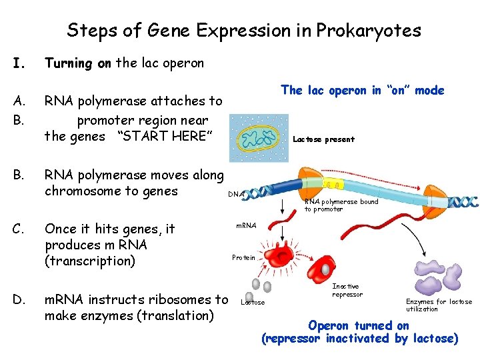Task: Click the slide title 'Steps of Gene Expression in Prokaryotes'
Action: (x=243, y=31)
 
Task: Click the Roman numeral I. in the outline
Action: (x=19, y=64)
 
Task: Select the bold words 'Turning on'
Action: (x=77, y=63)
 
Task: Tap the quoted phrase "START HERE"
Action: (x=165, y=137)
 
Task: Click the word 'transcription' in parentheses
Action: (x=89, y=261)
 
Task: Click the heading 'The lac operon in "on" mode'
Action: (x=362, y=91)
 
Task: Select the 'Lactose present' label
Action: (x=323, y=139)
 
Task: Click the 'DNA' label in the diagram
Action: (x=235, y=194)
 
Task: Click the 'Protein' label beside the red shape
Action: (x=243, y=257)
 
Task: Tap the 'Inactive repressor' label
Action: (x=347, y=290)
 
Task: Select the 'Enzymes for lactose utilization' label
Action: (x=439, y=305)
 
